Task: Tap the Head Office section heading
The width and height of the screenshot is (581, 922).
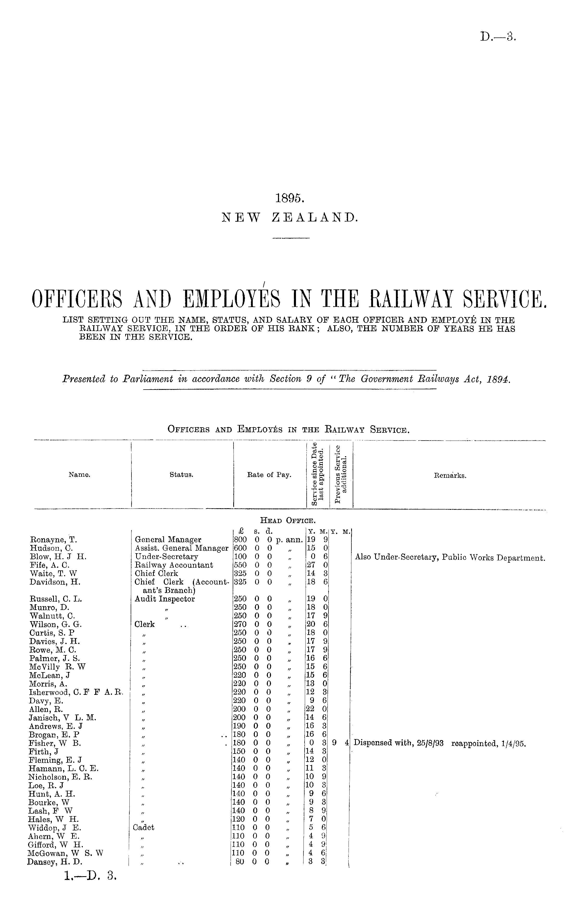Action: point(288,520)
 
